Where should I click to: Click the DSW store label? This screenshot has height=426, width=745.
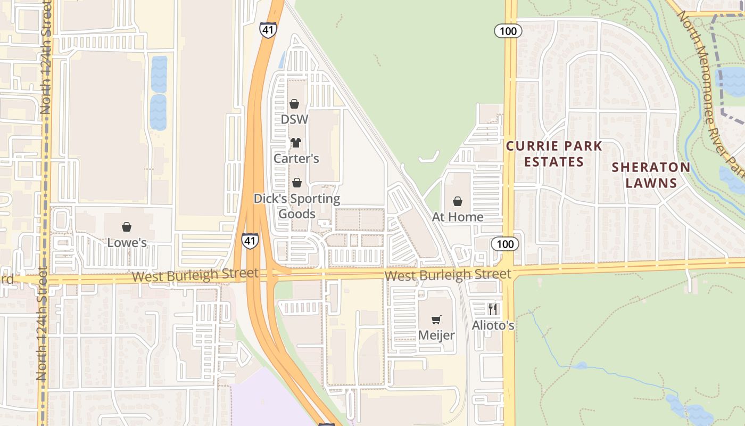(x=294, y=119)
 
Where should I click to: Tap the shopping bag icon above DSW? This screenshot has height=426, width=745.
(x=294, y=104)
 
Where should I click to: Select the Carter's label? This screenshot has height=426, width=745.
(x=296, y=158)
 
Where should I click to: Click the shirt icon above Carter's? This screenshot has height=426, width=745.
(x=296, y=143)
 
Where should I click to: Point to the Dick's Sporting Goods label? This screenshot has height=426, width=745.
(x=296, y=206)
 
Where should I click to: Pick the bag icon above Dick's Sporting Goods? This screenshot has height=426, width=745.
(x=297, y=183)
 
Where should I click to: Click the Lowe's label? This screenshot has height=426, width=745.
(x=127, y=243)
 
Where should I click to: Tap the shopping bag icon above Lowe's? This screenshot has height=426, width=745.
(x=127, y=227)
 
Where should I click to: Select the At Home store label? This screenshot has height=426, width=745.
(x=458, y=217)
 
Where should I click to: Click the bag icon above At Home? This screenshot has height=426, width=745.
(x=458, y=201)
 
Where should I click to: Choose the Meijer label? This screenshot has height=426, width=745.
(x=436, y=335)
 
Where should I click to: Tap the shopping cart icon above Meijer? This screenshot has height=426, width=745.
(x=436, y=319)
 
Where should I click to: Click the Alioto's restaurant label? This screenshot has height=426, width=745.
(x=493, y=325)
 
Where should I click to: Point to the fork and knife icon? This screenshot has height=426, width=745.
(x=493, y=309)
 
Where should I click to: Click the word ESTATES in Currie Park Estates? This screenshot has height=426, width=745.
(x=554, y=161)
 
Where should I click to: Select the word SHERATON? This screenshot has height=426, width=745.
(x=651, y=167)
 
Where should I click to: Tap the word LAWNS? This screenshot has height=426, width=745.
(x=651, y=183)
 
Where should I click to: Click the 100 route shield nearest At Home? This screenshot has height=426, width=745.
(x=504, y=244)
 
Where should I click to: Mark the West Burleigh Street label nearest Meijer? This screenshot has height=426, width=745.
(x=448, y=275)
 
